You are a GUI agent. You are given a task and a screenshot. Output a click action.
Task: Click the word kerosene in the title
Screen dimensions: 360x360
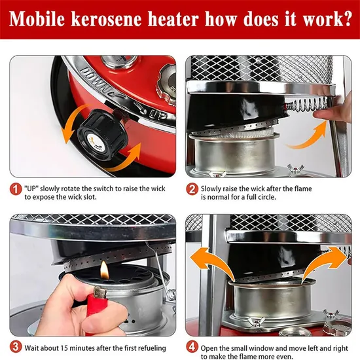click(x=107, y=19)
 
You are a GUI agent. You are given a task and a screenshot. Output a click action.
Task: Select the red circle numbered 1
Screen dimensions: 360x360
click(x=16, y=190)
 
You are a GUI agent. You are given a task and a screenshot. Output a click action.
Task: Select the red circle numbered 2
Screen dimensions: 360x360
click(x=192, y=190)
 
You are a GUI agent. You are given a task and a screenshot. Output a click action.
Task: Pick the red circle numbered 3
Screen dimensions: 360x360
click(x=16, y=348)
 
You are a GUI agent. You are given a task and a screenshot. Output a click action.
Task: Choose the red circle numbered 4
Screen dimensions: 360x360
click(x=192, y=348)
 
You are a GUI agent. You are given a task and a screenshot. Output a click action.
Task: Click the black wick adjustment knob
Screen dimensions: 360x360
click(x=101, y=135)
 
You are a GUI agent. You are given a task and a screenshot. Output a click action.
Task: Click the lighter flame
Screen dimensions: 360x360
click(x=104, y=270)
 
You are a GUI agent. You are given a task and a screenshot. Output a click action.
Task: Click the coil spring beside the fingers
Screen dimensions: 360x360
click(x=306, y=104)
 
